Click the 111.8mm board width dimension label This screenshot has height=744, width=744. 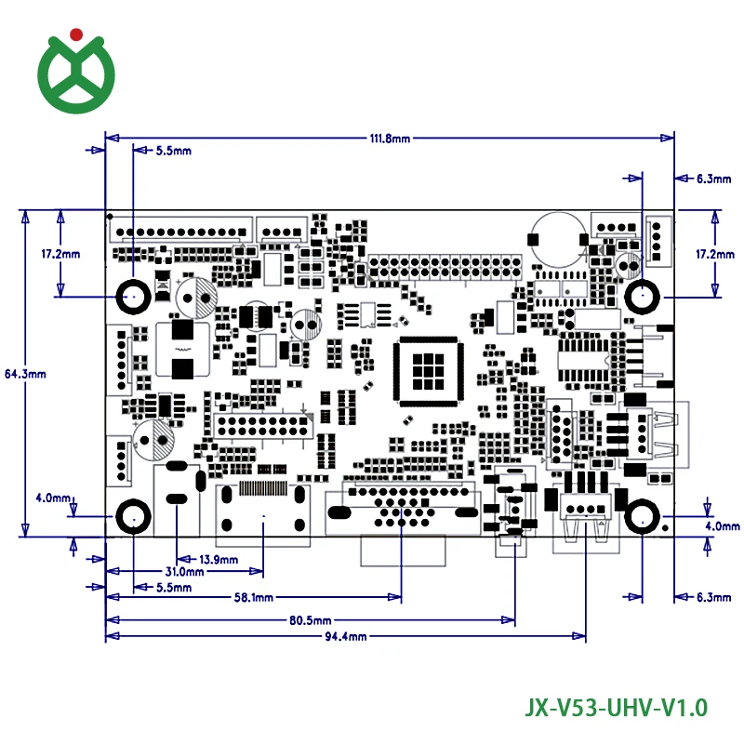pyautogui.click(x=389, y=139)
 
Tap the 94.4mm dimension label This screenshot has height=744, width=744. pyautogui.click(x=346, y=637)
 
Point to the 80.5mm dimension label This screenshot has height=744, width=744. pyautogui.click(x=311, y=619)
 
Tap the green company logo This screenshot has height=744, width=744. pyautogui.click(x=77, y=73)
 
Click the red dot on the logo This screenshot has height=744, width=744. pyautogui.click(x=77, y=35)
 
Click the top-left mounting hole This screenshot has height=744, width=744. pyautogui.click(x=134, y=298)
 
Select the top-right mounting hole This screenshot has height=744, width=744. pyautogui.click(x=642, y=298)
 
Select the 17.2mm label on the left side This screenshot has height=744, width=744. pyautogui.click(x=60, y=254)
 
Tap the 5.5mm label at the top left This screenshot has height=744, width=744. pyautogui.click(x=173, y=150)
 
